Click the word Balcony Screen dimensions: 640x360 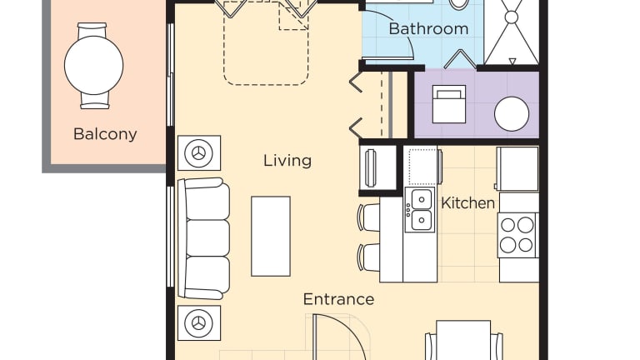[x=105, y=134]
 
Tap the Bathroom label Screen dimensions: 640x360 [x=428, y=28]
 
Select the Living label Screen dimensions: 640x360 [x=287, y=160]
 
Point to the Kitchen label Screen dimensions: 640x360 [x=467, y=202]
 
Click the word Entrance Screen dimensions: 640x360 [x=338, y=299]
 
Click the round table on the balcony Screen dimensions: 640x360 [x=94, y=65]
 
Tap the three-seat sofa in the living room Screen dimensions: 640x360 [x=203, y=238]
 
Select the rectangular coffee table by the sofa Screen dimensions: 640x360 [x=271, y=237]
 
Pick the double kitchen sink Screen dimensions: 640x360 [x=420, y=210]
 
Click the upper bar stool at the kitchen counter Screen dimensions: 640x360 [x=368, y=218]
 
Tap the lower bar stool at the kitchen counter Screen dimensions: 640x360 [x=368, y=257]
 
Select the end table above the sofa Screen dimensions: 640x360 [x=199, y=153]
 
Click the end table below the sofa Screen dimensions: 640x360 [x=199, y=322]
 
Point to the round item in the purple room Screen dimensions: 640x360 [x=512, y=114]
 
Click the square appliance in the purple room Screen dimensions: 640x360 [x=449, y=104]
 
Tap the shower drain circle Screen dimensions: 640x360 [x=512, y=17]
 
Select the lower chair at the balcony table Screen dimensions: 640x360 [x=95, y=100]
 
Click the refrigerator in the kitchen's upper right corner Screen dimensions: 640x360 [x=517, y=169]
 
